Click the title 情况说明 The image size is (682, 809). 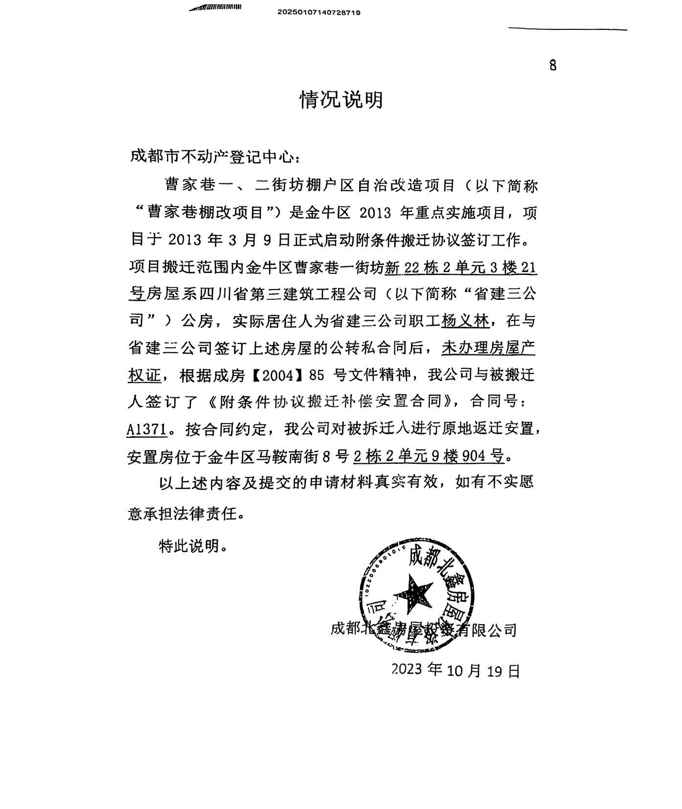pyautogui.click(x=341, y=100)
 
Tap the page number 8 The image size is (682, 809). pyautogui.click(x=553, y=66)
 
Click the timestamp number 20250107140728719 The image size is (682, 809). pyautogui.click(x=319, y=13)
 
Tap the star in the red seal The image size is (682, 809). pyautogui.click(x=413, y=593)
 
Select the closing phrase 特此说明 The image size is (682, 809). pyautogui.click(x=193, y=546)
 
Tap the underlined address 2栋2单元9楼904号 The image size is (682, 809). pyautogui.click(x=429, y=456)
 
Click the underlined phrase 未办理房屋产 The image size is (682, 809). pyautogui.click(x=488, y=348)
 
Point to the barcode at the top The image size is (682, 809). pyautogui.click(x=216, y=7)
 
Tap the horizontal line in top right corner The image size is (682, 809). pyautogui.click(x=568, y=29)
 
